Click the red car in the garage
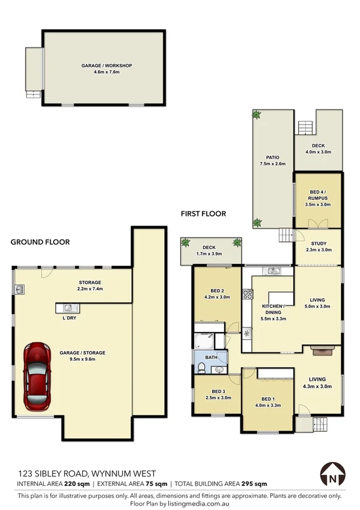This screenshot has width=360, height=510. pyautogui.click(x=38, y=374)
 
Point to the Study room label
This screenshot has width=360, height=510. pyautogui.click(x=319, y=243)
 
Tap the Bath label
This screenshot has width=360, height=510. pyautogui.click(x=211, y=358)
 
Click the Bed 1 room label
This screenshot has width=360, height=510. pyautogui.click(x=267, y=399)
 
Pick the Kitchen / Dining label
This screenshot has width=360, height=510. pyautogui.click(x=272, y=307)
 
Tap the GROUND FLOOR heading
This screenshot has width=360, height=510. pyautogui.click(x=40, y=242)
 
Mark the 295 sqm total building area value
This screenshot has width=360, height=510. pyautogui.click(x=255, y=483)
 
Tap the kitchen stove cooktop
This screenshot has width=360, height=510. pyautogui.click(x=247, y=295)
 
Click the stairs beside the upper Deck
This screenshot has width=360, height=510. pyautogui.click(x=306, y=127)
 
